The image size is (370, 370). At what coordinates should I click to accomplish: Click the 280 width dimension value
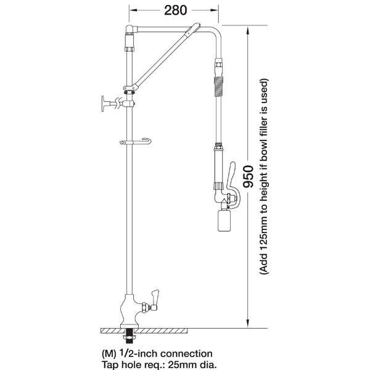point(175,10)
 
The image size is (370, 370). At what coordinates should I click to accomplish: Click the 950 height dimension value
point(249,177)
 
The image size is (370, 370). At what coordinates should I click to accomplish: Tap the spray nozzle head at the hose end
point(224,220)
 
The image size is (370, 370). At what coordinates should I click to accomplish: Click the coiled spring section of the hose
point(218,86)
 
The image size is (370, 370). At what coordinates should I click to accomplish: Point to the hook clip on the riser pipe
point(136,142)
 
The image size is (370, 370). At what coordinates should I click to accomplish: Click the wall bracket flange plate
point(103,104)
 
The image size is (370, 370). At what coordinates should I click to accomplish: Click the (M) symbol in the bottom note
point(109,354)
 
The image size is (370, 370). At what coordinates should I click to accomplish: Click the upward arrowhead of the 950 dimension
point(247,30)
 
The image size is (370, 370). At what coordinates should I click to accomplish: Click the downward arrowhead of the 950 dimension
point(247,323)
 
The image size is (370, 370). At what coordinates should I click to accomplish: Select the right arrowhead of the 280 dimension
point(214,10)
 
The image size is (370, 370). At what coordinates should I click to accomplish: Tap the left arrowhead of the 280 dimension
point(133,10)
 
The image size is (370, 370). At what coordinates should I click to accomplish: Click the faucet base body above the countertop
point(129,311)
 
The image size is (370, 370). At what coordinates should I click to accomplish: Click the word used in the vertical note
point(264,88)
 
